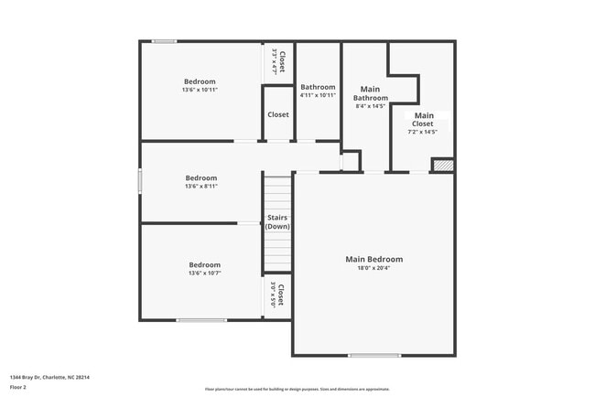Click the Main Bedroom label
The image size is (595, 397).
(x=373, y=259)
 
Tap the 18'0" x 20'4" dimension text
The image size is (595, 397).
(x=373, y=268)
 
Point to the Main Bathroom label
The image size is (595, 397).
(x=371, y=93)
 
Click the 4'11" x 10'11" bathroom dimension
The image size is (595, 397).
(x=318, y=95)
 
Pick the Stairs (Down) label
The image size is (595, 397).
(x=278, y=222)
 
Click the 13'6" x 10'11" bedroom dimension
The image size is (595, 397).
(x=200, y=90)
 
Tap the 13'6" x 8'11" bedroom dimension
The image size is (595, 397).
(x=201, y=186)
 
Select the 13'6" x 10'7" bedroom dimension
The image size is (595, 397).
(x=204, y=273)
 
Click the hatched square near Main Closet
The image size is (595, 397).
(x=443, y=166)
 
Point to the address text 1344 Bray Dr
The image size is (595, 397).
(x=49, y=377)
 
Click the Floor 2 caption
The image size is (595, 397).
(x=18, y=387)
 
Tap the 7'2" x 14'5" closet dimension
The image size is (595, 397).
(x=423, y=132)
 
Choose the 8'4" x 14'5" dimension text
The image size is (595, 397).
(x=371, y=106)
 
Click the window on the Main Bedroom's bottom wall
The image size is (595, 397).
(x=373, y=355)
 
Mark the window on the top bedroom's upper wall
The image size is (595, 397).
(x=165, y=41)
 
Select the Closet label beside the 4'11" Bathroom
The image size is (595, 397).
(x=278, y=115)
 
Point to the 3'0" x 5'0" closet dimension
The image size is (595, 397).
(x=273, y=295)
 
